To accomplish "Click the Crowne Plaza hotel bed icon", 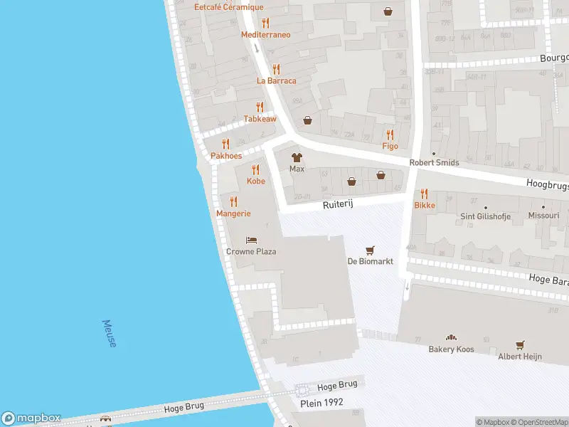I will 251,241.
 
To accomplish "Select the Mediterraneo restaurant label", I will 265,34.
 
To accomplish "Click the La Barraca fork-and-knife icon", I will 276,69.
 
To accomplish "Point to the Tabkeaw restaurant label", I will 260,119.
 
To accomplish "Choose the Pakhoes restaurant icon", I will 225,144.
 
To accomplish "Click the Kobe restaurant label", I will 255,181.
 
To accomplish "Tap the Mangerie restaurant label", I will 233,213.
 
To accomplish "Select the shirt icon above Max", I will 297,157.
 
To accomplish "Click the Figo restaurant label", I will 390,146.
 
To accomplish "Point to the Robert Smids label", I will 434,162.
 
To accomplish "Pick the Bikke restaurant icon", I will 425,193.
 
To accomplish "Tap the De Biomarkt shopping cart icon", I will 369,250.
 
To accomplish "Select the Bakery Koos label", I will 451,349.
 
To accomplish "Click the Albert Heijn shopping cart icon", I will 520,344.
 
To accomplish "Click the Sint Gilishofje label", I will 486,216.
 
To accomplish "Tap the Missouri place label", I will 544,215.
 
